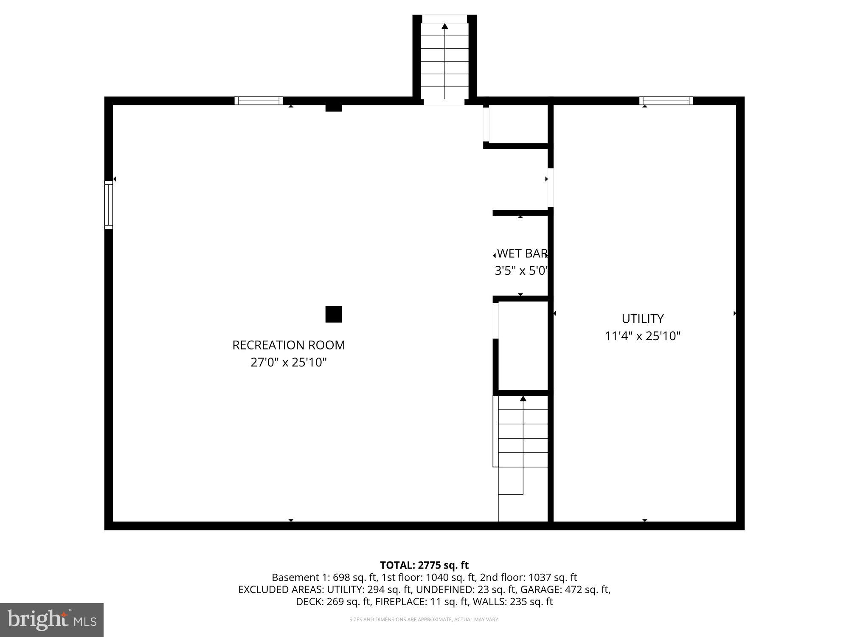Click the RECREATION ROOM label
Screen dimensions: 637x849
click(288, 345)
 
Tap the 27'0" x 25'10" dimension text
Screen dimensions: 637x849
click(288, 362)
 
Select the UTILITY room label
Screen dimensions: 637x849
click(642, 318)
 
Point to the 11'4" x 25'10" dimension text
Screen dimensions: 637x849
click(642, 336)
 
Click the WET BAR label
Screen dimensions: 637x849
click(522, 254)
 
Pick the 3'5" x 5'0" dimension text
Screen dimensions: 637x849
click(522, 271)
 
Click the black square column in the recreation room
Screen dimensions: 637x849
click(333, 314)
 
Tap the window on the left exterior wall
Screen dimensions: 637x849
click(109, 205)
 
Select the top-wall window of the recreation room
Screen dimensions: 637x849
click(259, 101)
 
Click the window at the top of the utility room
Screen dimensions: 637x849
click(666, 101)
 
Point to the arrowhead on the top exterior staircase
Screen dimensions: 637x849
click(444, 26)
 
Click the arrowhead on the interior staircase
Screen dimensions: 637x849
click(523, 398)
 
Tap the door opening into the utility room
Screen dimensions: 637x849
click(550, 187)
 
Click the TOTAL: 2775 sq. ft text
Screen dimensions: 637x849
click(424, 565)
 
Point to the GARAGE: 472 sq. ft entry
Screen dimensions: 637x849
click(565, 589)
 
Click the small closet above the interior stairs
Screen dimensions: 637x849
click(523, 345)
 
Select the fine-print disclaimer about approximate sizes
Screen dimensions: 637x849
click(424, 620)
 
